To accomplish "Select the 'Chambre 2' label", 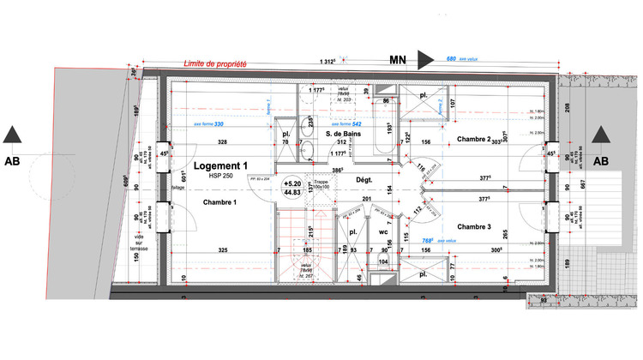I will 473,139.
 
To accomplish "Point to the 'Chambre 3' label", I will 473,226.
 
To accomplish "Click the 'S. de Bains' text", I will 340,133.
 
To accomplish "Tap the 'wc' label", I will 384,231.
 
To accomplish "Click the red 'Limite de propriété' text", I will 216,63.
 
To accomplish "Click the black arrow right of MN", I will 425,59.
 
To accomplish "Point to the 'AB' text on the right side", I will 600,160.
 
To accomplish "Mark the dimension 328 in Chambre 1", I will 221,141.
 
